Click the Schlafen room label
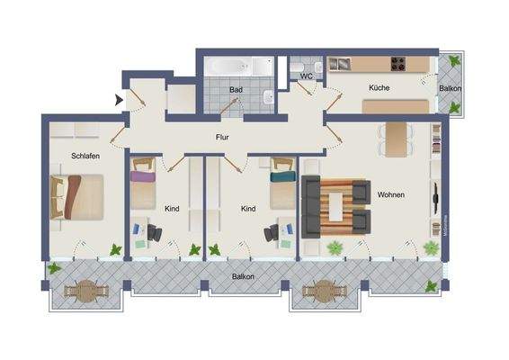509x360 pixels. [x=85, y=157]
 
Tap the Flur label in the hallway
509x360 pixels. [x=222, y=138]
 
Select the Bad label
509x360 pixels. [x=236, y=90]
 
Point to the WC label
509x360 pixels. [x=306, y=76]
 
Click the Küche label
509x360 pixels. [x=380, y=87]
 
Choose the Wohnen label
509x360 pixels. [x=390, y=194]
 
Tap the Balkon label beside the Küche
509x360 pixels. [x=451, y=89]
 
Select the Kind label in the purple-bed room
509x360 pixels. [x=172, y=208]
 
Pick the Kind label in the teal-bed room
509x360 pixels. [x=248, y=208]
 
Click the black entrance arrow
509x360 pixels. [x=118, y=100]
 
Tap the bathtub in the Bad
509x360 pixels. [x=238, y=67]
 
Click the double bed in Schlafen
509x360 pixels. [x=79, y=196]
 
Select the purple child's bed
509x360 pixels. [x=144, y=175]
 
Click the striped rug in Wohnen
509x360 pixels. [x=337, y=203]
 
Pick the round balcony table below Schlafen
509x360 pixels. [x=85, y=291]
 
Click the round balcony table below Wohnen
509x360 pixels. [x=322, y=291]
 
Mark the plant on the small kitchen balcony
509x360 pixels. [x=454, y=61]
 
